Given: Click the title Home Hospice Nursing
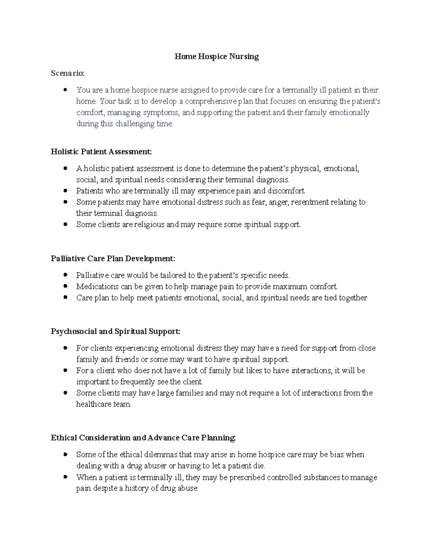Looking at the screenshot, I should (x=216, y=57).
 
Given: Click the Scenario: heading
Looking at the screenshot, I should (x=67, y=73).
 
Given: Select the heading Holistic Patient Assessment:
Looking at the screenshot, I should (x=101, y=151).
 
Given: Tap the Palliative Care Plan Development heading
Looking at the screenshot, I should (x=113, y=259).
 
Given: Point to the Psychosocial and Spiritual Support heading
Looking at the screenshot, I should (x=115, y=331).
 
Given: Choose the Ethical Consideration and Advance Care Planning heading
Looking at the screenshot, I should (x=143, y=438).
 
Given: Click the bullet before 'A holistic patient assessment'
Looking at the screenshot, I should (x=65, y=168).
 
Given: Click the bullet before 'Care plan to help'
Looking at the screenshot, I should (x=65, y=298).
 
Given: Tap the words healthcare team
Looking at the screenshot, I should (x=104, y=404).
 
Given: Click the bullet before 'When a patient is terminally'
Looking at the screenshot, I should (x=65, y=477).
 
